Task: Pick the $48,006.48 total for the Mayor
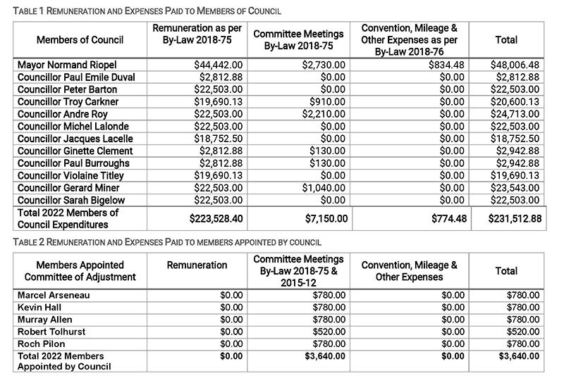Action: pos(515,65)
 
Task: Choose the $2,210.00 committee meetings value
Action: pos(325,114)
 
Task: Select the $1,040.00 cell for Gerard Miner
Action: pos(325,188)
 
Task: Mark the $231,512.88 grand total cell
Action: pos(515,219)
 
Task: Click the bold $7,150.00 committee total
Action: pos(325,219)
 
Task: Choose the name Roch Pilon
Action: pos(42,343)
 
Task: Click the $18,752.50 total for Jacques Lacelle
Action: pos(515,139)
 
